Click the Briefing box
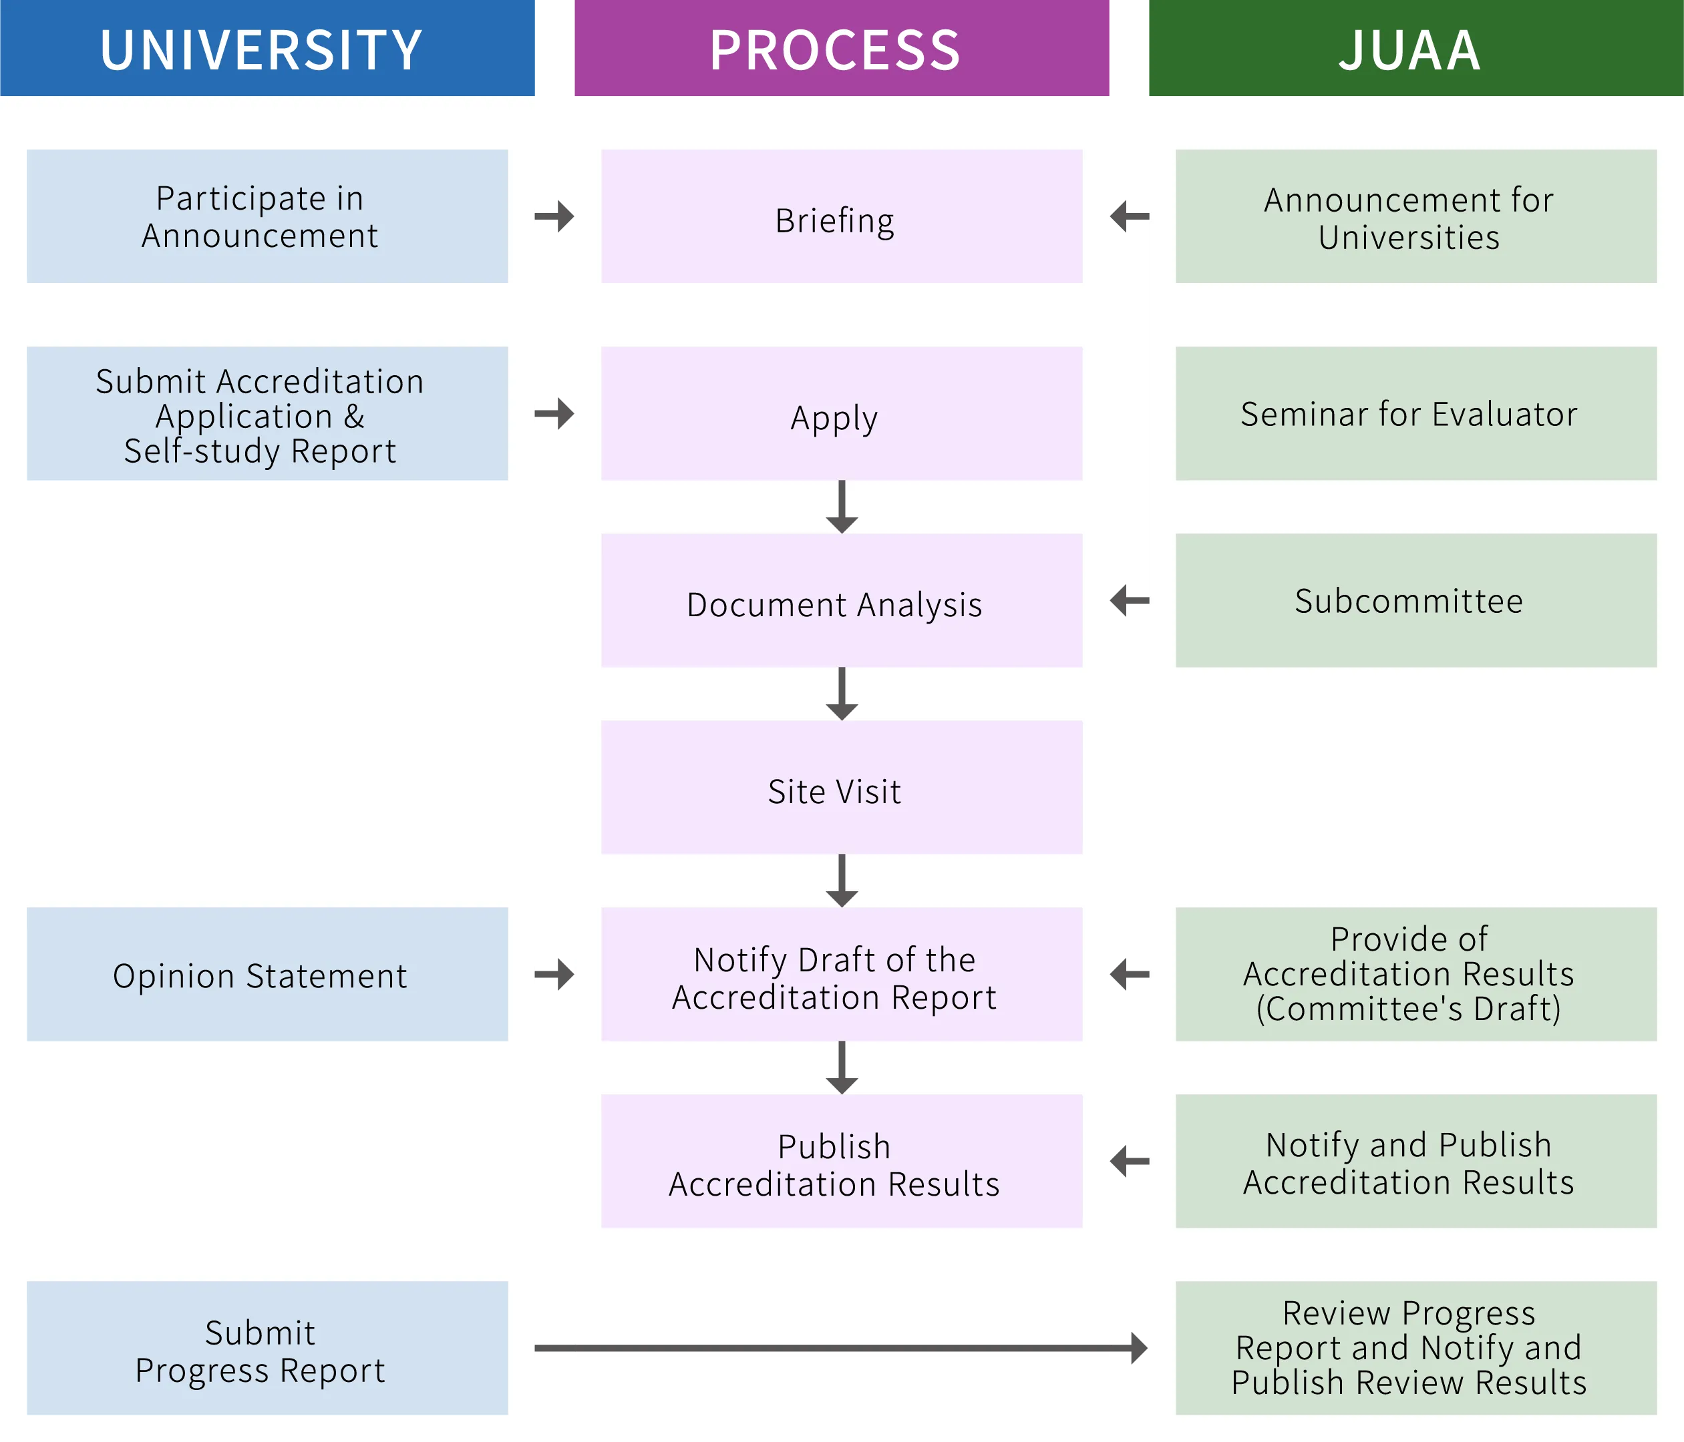pos(841,216)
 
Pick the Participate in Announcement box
pos(267,216)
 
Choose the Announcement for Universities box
pos(1415,216)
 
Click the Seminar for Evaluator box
pos(1415,413)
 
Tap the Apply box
pos(841,413)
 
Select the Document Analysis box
pos(841,600)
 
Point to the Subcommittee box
pos(1415,600)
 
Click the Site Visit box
pos(841,787)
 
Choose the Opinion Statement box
pos(267,974)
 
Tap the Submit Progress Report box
pos(267,1348)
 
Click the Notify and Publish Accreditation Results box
pos(1415,1161)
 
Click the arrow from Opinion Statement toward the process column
pos(555,974)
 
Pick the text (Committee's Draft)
pos(1409,1009)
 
